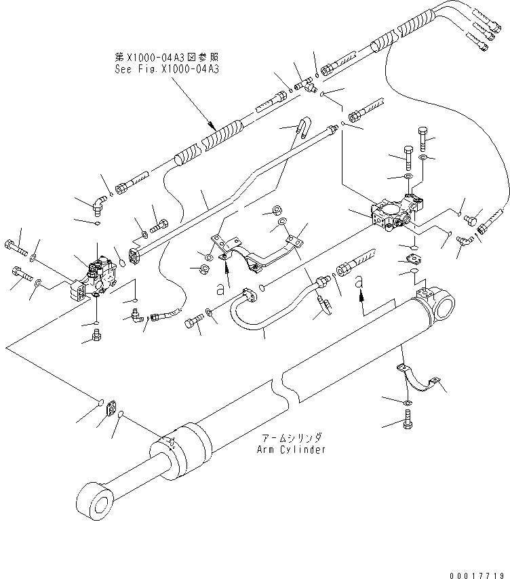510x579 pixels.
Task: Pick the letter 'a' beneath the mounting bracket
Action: pos(220,288)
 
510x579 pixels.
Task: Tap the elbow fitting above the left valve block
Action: pos(99,203)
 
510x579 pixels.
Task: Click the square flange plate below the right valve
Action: pos(412,258)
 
